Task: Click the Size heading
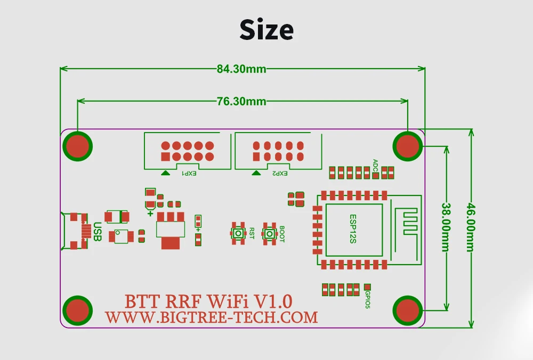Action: [x=266, y=30]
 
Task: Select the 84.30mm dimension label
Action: [x=241, y=69]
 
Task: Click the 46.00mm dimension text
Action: [x=471, y=228]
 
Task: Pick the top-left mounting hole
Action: [x=78, y=145]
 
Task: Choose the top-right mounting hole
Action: [x=408, y=145]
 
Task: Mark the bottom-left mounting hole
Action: [x=78, y=310]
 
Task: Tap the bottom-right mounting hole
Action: [x=408, y=310]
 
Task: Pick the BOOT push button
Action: [x=269, y=233]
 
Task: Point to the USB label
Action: [x=98, y=232]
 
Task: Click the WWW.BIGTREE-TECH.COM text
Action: [x=211, y=318]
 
